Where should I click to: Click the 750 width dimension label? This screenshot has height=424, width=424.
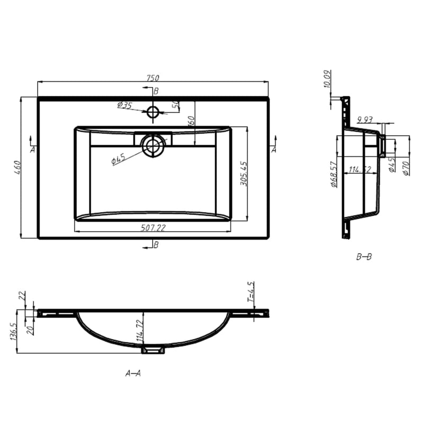[153, 78]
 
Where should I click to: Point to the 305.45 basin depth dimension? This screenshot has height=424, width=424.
[243, 173]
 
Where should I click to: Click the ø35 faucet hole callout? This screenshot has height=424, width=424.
[125, 105]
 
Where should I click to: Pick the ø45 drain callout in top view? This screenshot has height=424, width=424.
[118, 159]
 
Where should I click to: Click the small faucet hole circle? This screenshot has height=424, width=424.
[153, 112]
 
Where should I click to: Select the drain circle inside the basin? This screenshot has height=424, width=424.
[154, 146]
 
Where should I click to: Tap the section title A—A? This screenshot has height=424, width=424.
[133, 373]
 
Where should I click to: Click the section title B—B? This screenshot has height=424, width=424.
[364, 257]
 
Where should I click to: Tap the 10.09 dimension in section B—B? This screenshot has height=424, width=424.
[327, 79]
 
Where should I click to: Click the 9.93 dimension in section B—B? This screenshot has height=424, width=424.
[366, 119]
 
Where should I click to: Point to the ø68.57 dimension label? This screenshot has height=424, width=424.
[334, 175]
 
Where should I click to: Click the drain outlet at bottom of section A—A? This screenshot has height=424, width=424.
[153, 349]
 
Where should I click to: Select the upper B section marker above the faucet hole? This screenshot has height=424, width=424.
[155, 91]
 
